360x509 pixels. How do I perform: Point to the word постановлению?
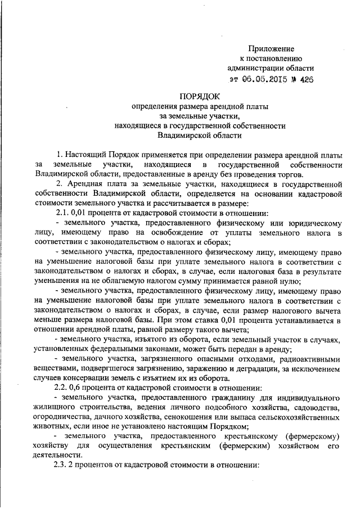pyautogui.click(x=276, y=59)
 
